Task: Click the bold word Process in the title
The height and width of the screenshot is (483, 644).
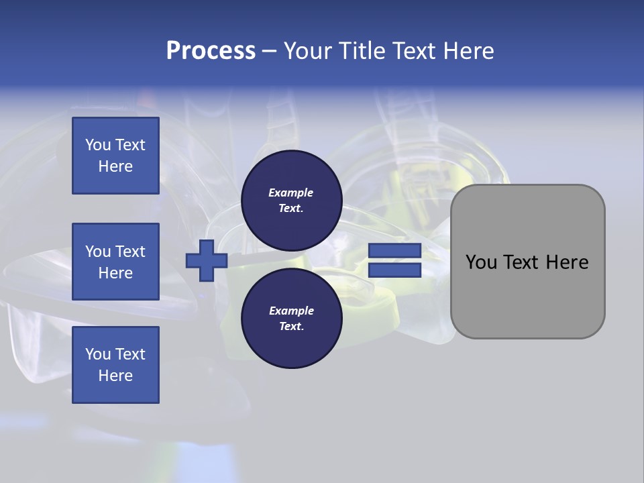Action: pyautogui.click(x=211, y=51)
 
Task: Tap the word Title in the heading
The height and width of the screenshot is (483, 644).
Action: pyautogui.click(x=360, y=51)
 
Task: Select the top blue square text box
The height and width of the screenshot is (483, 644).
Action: pyautogui.click(x=115, y=156)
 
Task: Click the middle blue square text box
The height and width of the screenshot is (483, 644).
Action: pyautogui.click(x=115, y=262)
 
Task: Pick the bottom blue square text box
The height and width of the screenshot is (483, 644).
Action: pyautogui.click(x=115, y=365)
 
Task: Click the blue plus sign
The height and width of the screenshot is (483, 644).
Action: pyautogui.click(x=206, y=260)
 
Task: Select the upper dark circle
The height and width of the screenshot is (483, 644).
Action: pyautogui.click(x=291, y=200)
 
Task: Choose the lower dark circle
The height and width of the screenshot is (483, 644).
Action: pyautogui.click(x=291, y=318)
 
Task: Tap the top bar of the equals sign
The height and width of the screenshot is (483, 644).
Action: pyautogui.click(x=394, y=250)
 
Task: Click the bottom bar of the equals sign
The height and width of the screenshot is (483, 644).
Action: pyautogui.click(x=394, y=270)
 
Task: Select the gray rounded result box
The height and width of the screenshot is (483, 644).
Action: pyautogui.click(x=527, y=262)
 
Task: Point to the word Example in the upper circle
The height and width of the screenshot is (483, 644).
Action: pyautogui.click(x=291, y=193)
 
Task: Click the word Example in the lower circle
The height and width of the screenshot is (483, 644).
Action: pyautogui.click(x=291, y=311)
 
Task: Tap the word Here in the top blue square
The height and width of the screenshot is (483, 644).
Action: pyautogui.click(x=115, y=166)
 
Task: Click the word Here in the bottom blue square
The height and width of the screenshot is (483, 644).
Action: pyautogui.click(x=115, y=376)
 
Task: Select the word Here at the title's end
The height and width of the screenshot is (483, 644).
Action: pyautogui.click(x=469, y=51)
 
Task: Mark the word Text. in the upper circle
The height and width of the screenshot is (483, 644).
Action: pyautogui.click(x=291, y=208)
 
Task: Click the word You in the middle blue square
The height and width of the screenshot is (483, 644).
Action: pyautogui.click(x=98, y=252)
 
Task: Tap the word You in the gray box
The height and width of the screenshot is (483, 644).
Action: pyautogui.click(x=482, y=262)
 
